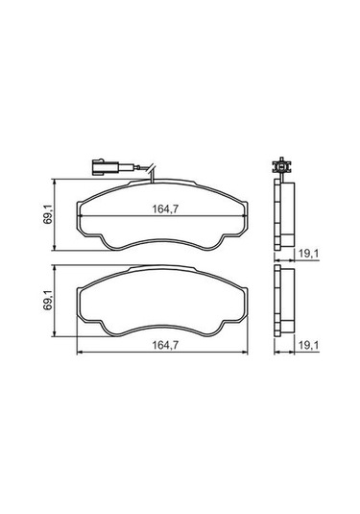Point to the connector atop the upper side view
281,166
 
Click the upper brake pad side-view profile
283,217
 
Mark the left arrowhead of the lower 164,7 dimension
79,353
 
